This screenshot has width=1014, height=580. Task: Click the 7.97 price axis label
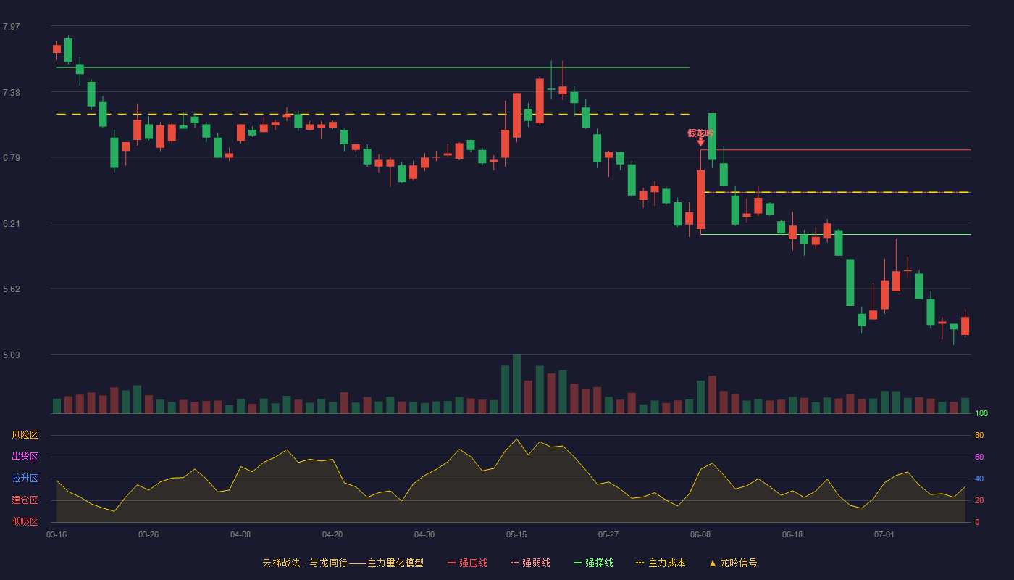[12, 26]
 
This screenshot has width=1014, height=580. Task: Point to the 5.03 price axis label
[12, 355]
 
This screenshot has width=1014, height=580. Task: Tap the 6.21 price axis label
[12, 223]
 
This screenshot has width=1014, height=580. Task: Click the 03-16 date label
[56, 535]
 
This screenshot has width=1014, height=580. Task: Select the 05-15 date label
[516, 535]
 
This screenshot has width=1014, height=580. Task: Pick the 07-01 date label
[884, 535]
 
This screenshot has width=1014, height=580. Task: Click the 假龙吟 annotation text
[700, 133]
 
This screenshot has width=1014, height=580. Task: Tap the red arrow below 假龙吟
[701, 142]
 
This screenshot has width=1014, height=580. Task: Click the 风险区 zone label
[25, 435]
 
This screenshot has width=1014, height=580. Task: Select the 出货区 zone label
[25, 456]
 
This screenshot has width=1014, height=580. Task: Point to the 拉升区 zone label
[25, 478]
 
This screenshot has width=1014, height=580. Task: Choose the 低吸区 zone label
[25, 521]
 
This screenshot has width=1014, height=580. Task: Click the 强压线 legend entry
[467, 563]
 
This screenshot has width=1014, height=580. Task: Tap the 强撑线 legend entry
[593, 563]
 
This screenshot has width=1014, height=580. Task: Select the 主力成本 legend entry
[661, 563]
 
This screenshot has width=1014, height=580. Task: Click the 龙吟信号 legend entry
[733, 563]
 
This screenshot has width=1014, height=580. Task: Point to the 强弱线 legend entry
[530, 563]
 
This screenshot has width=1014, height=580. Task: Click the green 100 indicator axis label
[981, 413]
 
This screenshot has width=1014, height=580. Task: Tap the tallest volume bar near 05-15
[516, 384]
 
